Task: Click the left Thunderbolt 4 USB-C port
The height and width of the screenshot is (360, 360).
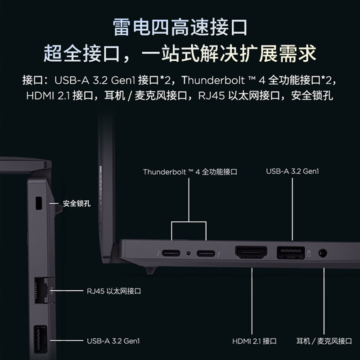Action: pyautogui.click(x=171, y=253)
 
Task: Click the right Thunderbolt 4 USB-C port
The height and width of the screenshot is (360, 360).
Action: pyautogui.click(x=206, y=253)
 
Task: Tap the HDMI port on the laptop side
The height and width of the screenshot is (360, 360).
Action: pyautogui.click(x=252, y=252)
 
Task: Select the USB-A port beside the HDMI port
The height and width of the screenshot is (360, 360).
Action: pyautogui.click(x=290, y=252)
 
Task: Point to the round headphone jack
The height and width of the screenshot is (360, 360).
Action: pyautogui.click(x=323, y=253)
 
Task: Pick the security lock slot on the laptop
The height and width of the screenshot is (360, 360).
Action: pyautogui.click(x=38, y=203)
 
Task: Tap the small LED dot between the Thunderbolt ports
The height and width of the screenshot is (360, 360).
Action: pyautogui.click(x=189, y=253)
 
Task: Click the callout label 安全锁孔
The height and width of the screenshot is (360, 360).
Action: pyautogui.click(x=76, y=203)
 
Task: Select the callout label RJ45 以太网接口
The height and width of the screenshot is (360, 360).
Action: pyautogui.click(x=114, y=291)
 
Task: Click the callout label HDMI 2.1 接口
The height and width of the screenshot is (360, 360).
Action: pyautogui.click(x=254, y=341)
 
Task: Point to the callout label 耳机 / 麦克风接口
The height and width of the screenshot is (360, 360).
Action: pyautogui.click(x=324, y=341)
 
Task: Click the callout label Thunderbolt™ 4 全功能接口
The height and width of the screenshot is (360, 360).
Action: pyautogui.click(x=190, y=172)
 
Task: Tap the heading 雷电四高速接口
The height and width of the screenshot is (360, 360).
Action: pyautogui.click(x=180, y=27)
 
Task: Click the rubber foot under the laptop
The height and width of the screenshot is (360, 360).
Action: pyautogui.click(x=150, y=270)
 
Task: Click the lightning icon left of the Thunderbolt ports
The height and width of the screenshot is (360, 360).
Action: pyautogui.click(x=156, y=253)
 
